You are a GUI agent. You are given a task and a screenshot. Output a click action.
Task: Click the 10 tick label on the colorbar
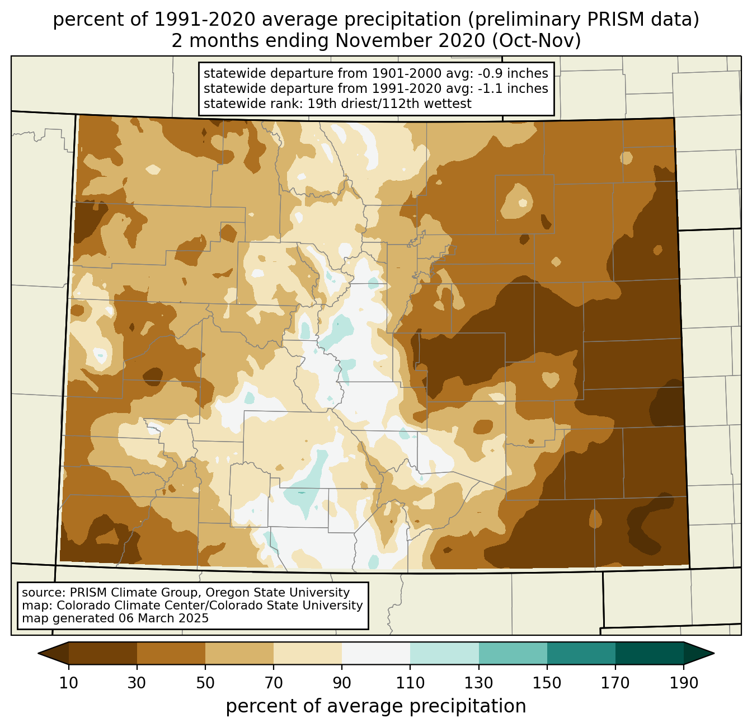69,683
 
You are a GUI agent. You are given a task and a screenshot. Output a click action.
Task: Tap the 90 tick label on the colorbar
342,683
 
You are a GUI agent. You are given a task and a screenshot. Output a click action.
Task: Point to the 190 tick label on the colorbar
684,683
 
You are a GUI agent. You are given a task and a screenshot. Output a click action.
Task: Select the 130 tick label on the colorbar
479,683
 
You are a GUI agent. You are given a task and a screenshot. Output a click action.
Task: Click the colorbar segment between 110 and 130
444,653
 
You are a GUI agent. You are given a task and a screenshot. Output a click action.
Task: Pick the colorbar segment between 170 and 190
650,653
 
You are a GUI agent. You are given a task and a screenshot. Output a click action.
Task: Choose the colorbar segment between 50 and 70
239,653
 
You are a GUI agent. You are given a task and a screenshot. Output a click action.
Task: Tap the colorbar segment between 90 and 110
376,653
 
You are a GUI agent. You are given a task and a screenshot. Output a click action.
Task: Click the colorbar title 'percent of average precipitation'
376,706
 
